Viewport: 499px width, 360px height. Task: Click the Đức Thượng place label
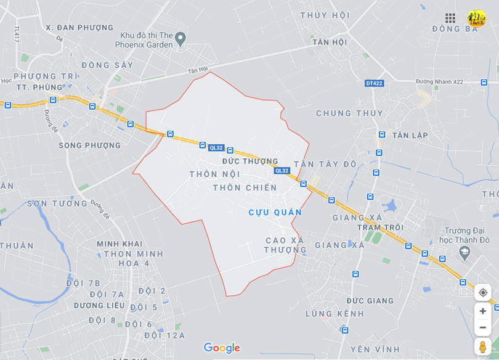250,161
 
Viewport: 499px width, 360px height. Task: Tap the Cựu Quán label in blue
275,212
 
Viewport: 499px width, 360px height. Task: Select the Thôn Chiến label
245,187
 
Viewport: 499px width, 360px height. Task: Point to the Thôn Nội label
214,174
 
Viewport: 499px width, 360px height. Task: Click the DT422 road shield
374,83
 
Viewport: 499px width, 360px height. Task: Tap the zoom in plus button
482,311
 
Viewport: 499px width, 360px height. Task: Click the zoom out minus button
482,327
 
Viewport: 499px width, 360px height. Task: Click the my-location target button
482,292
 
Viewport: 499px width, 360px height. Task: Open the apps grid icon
450,18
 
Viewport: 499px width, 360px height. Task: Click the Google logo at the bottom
222,348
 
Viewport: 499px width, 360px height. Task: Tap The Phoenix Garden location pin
181,39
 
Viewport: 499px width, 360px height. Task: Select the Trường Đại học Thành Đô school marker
465,252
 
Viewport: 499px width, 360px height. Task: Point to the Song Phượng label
90,145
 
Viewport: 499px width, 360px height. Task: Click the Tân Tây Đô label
325,164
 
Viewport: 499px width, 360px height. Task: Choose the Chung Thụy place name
349,113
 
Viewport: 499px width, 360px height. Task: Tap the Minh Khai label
120,244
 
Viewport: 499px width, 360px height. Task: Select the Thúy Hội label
325,15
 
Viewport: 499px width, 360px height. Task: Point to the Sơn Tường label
57,203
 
